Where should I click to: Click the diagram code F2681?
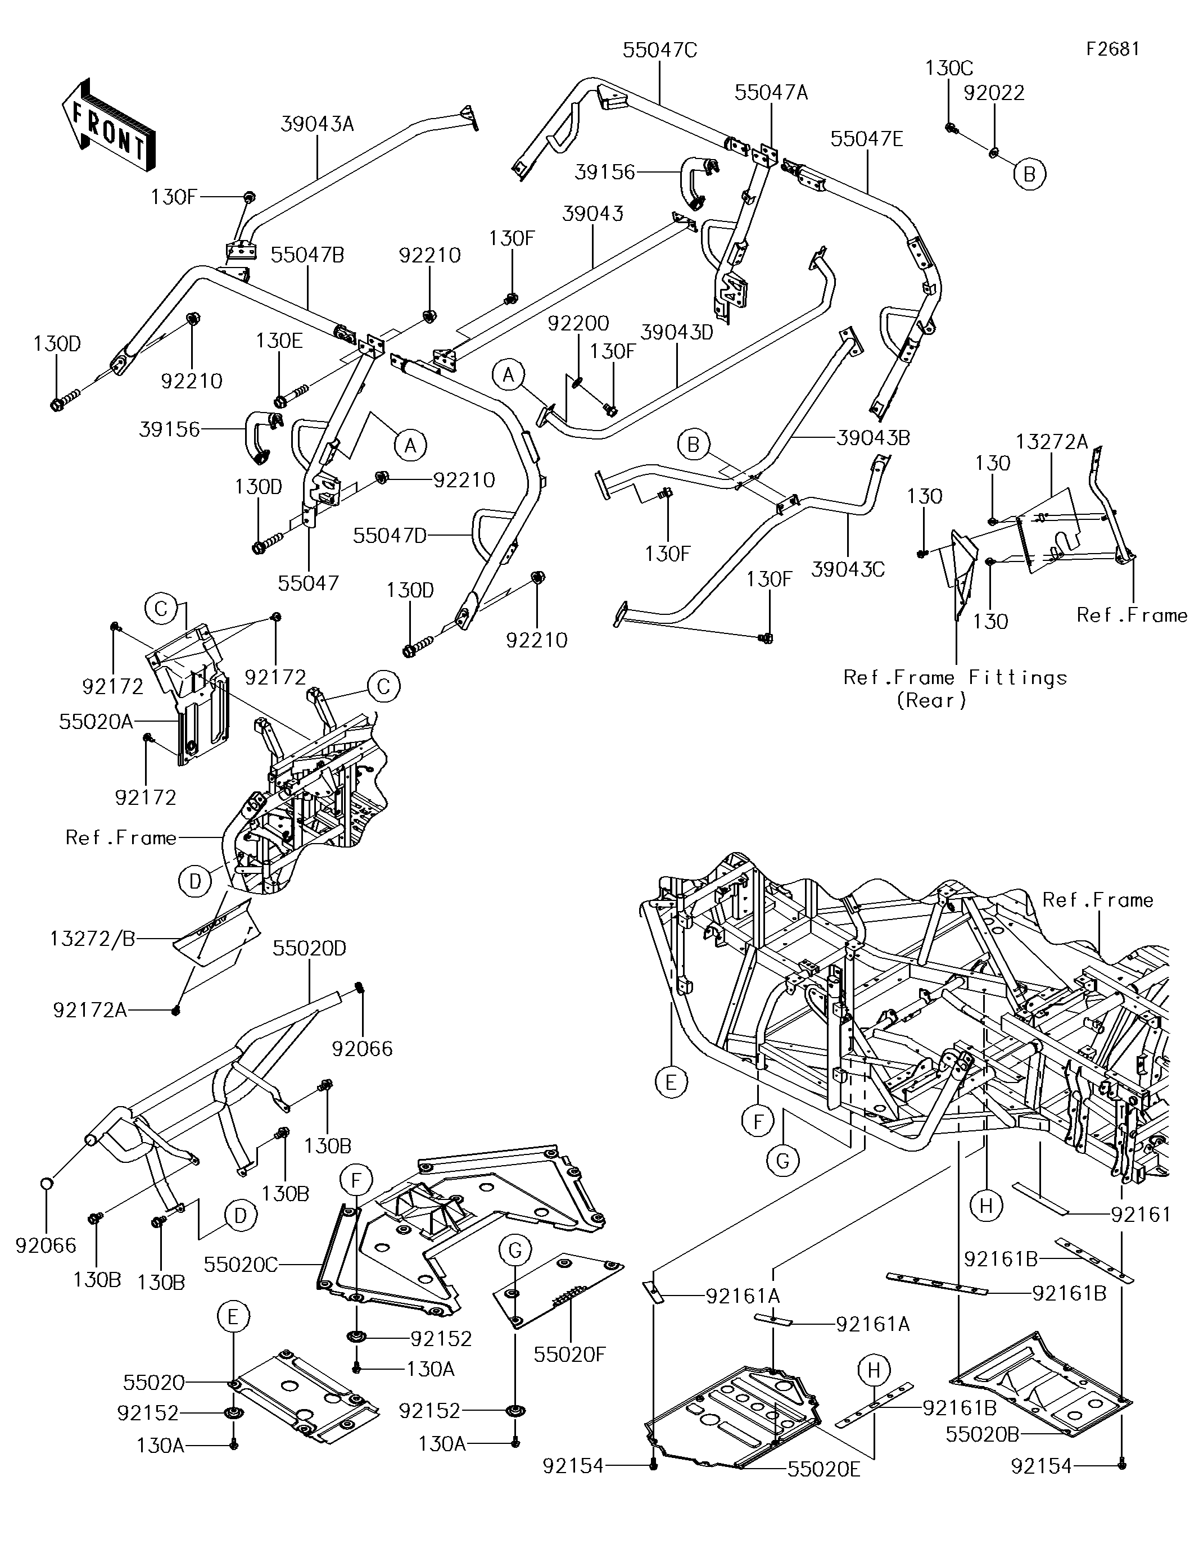tap(1112, 48)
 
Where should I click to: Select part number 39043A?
tap(316, 124)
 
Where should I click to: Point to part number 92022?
tap(993, 93)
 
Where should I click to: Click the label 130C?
tap(948, 68)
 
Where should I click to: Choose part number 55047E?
tap(866, 139)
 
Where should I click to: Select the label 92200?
tap(578, 323)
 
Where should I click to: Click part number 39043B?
tap(872, 438)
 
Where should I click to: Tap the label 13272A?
tap(1051, 442)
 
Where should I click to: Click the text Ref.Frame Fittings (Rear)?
tap(954, 689)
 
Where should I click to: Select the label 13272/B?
tap(92, 939)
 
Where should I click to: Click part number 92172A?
tap(90, 1010)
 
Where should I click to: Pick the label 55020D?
tap(309, 948)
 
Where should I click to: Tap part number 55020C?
tap(241, 1265)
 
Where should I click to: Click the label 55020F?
tap(569, 1355)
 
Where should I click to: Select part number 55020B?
tap(983, 1434)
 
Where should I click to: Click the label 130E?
tap(279, 341)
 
